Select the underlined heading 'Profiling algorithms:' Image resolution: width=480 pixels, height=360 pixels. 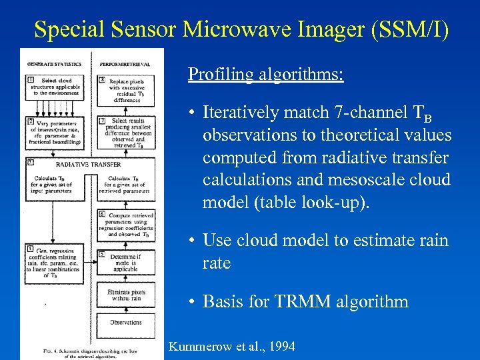265,73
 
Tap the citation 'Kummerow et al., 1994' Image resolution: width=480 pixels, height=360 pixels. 231,347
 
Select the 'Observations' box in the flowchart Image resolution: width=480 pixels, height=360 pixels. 125,322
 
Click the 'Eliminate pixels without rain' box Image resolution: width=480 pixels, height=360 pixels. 125,295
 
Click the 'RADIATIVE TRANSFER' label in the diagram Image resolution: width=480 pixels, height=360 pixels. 89,163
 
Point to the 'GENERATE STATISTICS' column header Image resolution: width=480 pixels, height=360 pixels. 54,64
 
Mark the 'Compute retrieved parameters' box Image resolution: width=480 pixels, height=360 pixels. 126,224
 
